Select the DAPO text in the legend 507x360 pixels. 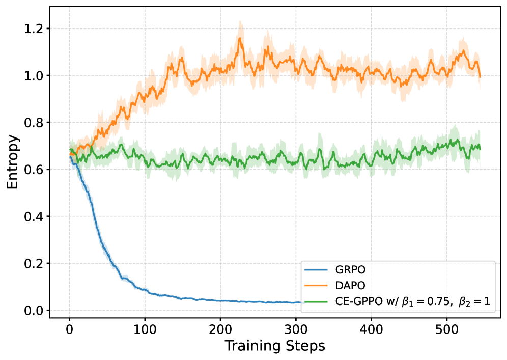346,285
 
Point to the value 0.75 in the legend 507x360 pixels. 436,301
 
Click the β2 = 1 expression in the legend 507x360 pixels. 474,301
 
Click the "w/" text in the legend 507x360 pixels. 389,301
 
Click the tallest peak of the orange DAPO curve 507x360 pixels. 240,22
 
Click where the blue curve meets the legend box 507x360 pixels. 301,302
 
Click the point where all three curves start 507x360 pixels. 70,151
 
